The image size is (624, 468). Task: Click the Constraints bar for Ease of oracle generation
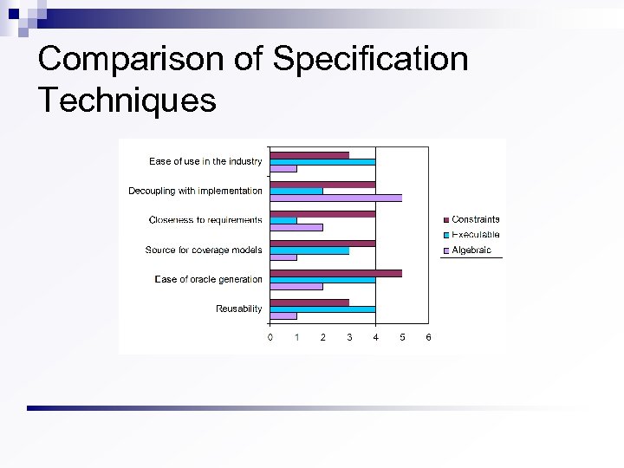(335, 273)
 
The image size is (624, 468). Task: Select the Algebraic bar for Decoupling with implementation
(335, 198)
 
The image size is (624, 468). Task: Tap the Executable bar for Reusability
(322, 309)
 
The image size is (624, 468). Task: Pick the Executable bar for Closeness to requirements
(283, 220)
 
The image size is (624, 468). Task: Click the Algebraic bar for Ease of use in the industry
(283, 168)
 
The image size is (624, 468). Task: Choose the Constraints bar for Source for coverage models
(322, 244)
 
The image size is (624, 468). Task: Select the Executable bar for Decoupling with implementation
(296, 191)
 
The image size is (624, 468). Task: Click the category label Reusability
(238, 309)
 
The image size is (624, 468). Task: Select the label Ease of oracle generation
(208, 279)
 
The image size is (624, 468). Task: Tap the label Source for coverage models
(204, 250)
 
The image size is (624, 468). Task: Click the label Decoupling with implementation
(195, 191)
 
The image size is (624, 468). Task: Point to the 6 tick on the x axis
(429, 337)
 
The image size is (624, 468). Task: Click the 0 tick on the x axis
(270, 337)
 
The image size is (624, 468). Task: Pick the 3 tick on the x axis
(349, 337)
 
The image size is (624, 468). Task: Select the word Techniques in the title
(127, 100)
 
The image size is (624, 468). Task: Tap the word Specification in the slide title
(370, 59)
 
